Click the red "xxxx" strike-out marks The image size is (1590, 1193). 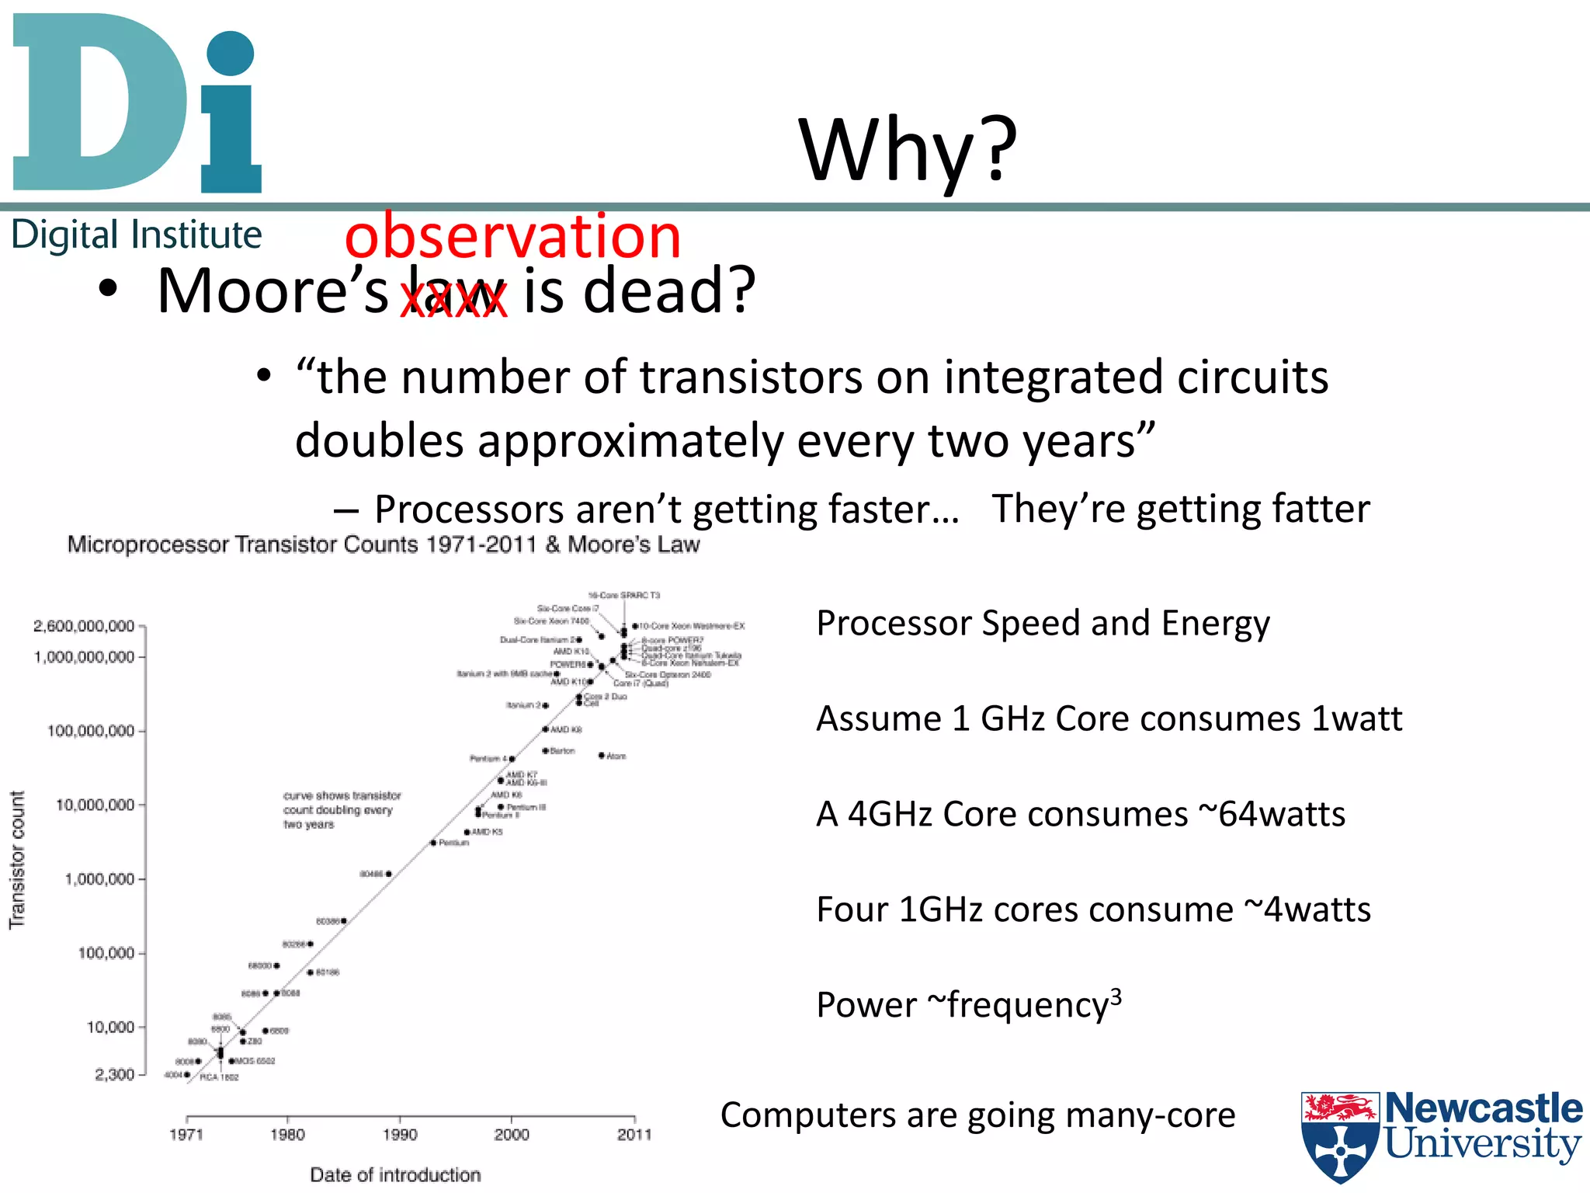pos(453,300)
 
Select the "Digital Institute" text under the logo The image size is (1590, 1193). pos(137,235)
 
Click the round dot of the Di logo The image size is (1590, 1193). pos(231,53)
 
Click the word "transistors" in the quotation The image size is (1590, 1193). pos(750,377)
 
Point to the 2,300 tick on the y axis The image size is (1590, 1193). pos(114,1074)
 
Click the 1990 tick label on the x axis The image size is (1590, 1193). pos(400,1135)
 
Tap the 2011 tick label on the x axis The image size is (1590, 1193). pos(634,1135)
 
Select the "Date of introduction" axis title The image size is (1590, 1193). pos(395,1174)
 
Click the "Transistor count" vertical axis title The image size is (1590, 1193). pos(17,860)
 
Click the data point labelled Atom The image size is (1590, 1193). pos(602,755)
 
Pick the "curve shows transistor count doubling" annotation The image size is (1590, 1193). pos(342,810)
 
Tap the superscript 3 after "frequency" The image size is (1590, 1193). pos(1116,995)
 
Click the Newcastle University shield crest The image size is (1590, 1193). pos(1340,1136)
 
